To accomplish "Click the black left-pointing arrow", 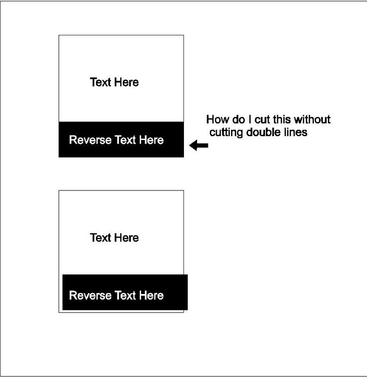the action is (199, 145).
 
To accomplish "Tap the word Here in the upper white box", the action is (127, 82).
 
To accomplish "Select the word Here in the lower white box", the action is (127, 238).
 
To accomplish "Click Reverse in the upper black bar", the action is (90, 140).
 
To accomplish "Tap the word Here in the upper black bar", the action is (152, 140).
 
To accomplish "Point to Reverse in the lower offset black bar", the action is (90, 295).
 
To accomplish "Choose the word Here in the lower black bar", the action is (152, 295).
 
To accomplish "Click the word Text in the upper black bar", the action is (125, 140).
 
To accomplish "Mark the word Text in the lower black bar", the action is (125, 295).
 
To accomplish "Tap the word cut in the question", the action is (263, 120).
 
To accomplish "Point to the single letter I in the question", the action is (250, 120).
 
